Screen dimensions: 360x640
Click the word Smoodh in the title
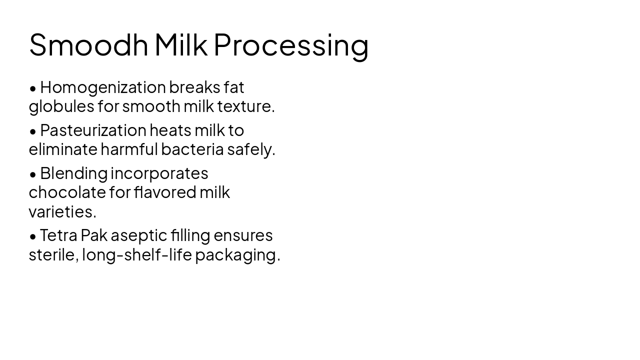coord(88,44)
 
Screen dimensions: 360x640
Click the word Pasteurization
coord(93,130)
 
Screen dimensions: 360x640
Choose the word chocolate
coord(67,192)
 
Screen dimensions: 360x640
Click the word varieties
coord(62,212)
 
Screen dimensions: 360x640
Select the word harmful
coord(129,149)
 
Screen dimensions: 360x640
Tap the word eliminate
coord(63,149)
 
